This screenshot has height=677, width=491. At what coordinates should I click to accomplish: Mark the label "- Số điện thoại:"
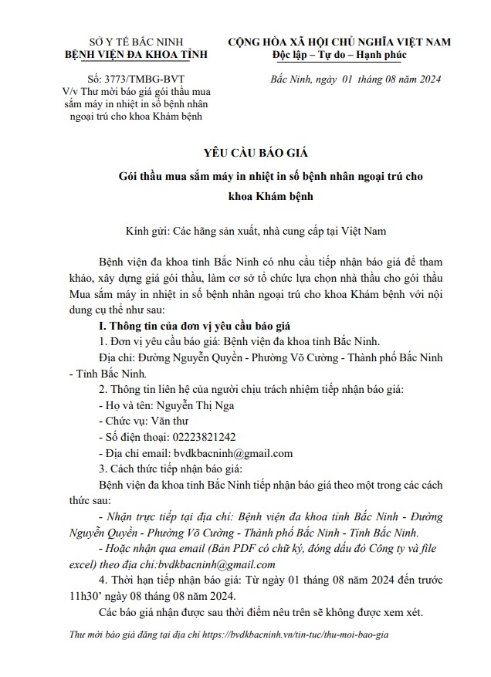[136, 436]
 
